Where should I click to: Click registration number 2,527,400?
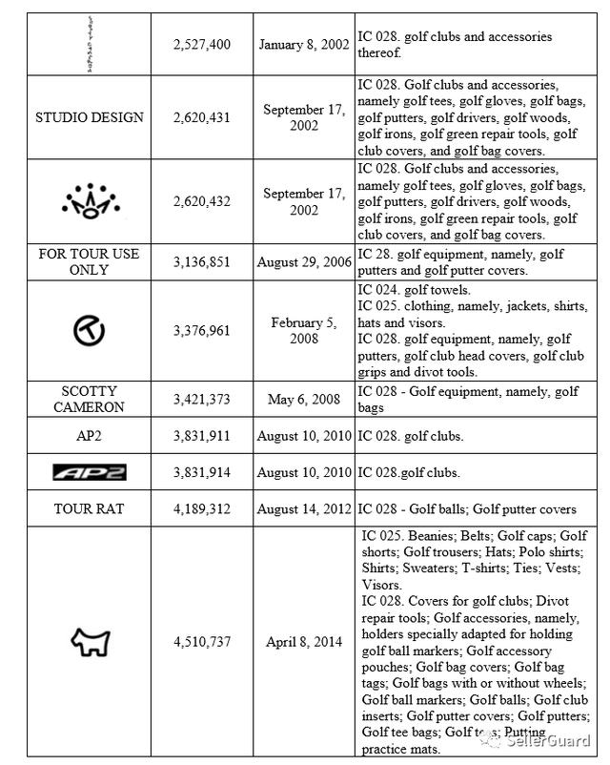pos(202,45)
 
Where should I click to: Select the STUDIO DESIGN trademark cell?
pos(90,117)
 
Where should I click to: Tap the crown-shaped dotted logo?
pos(89,200)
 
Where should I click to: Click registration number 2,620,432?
pos(202,200)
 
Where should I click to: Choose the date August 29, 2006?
pos(303,262)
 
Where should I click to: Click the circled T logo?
pos(89,330)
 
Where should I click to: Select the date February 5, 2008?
pos(304,330)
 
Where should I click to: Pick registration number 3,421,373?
pos(202,399)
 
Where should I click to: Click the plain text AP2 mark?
pos(89,437)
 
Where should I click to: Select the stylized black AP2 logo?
pos(89,472)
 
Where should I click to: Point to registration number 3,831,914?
pos(202,472)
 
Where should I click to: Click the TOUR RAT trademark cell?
pos(89,509)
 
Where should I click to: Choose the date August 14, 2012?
pos(303,509)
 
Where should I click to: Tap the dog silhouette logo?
pos(91,642)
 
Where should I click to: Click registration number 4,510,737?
pos(202,642)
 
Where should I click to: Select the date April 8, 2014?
pos(304,642)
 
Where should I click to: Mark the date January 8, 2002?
pos(303,45)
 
